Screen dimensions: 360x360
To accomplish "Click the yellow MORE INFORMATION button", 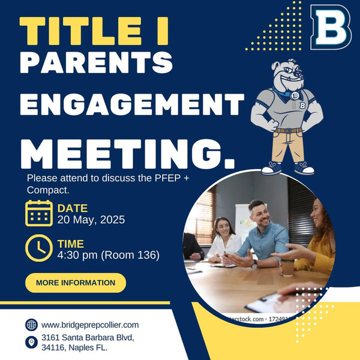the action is click(x=76, y=283).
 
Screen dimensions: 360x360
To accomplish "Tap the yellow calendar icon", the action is click(x=39, y=213).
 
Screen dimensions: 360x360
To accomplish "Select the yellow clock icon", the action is click(x=39, y=248).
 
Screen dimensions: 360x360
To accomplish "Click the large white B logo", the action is click(x=331, y=27).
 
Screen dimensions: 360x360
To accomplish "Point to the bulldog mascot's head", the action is click(x=288, y=73).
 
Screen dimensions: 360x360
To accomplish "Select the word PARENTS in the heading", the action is click(x=97, y=62).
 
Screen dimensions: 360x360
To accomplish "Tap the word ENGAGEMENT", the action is click(x=132, y=104).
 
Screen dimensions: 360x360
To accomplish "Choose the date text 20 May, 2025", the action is click(x=91, y=220).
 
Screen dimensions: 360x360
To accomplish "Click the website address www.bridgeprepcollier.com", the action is click(x=90, y=325).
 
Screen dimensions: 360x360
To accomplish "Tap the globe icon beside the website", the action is click(x=31, y=325).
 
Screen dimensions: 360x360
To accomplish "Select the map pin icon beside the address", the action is click(x=31, y=343).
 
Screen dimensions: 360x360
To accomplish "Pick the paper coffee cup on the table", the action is click(x=287, y=268).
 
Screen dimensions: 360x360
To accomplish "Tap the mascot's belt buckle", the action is click(x=288, y=131).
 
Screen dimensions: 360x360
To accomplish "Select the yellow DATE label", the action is click(x=73, y=208).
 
